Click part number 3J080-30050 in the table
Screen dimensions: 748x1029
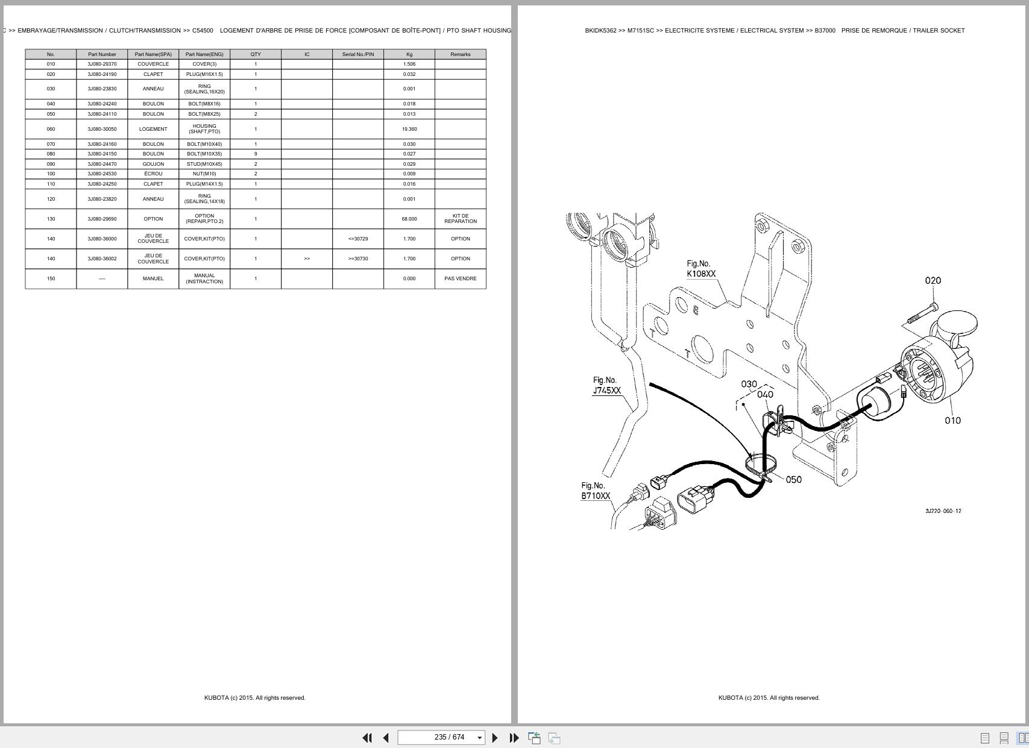pos(102,129)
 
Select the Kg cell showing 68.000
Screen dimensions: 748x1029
pos(409,219)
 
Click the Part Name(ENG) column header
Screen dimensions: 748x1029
pos(204,54)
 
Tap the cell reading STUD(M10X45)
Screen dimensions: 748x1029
pos(204,164)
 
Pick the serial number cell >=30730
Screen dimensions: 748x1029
pos(357,259)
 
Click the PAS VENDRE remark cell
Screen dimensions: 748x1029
pos(460,278)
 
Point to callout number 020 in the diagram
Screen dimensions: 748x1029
pos(933,281)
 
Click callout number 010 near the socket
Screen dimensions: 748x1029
pos(952,421)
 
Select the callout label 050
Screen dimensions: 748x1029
pos(793,480)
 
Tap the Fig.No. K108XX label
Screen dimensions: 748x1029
pos(700,269)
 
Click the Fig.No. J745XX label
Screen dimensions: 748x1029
pos(606,386)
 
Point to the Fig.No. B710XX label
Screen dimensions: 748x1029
pos(595,491)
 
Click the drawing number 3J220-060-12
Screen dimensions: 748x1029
pos(943,511)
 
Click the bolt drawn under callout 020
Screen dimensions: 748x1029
pos(920,316)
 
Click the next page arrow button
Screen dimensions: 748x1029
pos(495,738)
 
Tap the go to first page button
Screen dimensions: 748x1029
pos(367,738)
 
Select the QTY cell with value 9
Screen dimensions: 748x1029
pos(256,154)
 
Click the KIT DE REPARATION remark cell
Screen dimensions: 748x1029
pos(460,219)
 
